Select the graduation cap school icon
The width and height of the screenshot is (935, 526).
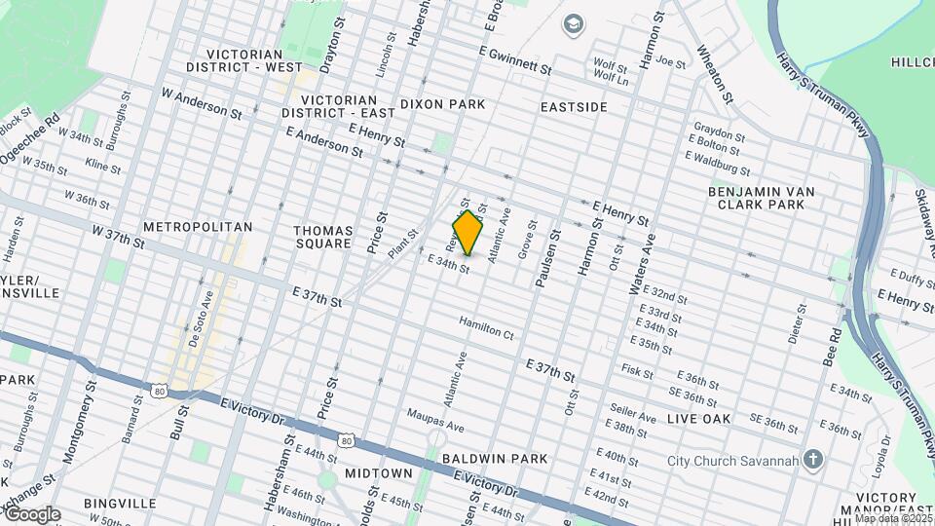[575, 22]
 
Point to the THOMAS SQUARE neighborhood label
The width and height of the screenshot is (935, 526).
[322, 237]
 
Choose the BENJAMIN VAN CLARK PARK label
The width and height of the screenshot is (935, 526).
[761, 198]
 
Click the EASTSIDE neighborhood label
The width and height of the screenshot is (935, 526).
[576, 106]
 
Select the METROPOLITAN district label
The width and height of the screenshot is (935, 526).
[198, 227]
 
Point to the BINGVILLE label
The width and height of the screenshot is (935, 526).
[120, 504]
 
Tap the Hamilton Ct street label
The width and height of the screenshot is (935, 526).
[486, 333]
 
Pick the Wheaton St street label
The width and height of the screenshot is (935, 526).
[714, 72]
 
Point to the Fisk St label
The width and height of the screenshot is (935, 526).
[637, 371]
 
